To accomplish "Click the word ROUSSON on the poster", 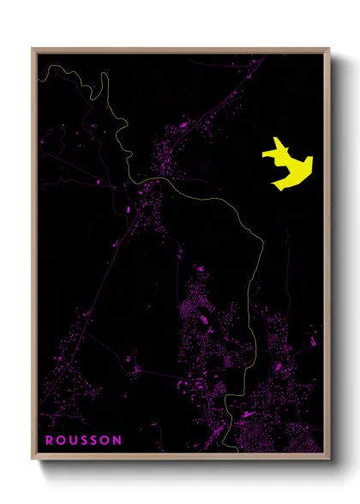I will tap(83, 440).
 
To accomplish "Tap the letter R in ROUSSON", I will tap(49, 440).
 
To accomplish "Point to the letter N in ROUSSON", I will tap(117, 440).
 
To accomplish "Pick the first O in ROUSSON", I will tap(60, 440).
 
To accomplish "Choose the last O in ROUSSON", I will tap(105, 440).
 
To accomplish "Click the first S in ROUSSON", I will tap(84, 440).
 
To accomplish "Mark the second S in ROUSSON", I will tap(94, 440).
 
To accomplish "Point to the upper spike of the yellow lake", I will tap(276, 141).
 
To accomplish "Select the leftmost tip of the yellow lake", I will tap(263, 154).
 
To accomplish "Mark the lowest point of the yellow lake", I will tap(275, 188).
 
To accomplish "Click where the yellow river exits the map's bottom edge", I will tap(234, 449).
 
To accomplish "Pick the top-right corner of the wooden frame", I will tap(329, 49).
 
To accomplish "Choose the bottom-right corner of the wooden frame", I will tap(329, 458).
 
